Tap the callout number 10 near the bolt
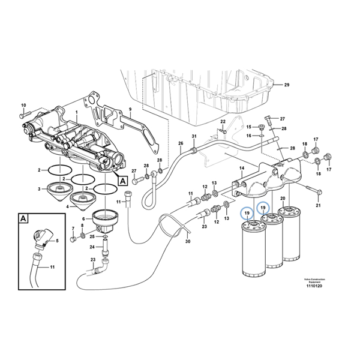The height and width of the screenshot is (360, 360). pos(23,105)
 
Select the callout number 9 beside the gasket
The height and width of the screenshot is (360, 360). pos(129,110)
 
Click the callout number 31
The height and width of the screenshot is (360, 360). pos(194,137)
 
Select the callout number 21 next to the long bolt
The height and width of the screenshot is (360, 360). pos(319,206)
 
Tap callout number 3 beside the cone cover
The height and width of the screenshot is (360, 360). pos(39,190)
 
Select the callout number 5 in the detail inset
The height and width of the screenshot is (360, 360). pos(57,241)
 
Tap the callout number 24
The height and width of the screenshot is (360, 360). pos(92,247)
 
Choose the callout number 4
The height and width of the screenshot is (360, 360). pos(67,207)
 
